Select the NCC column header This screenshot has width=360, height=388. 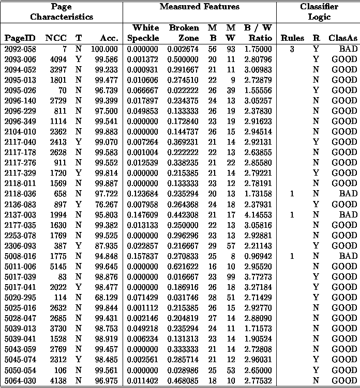tap(56, 38)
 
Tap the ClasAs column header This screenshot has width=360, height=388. tap(343, 38)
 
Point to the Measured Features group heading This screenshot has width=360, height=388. tap(199, 7)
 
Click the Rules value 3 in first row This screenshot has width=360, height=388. tap(292, 49)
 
